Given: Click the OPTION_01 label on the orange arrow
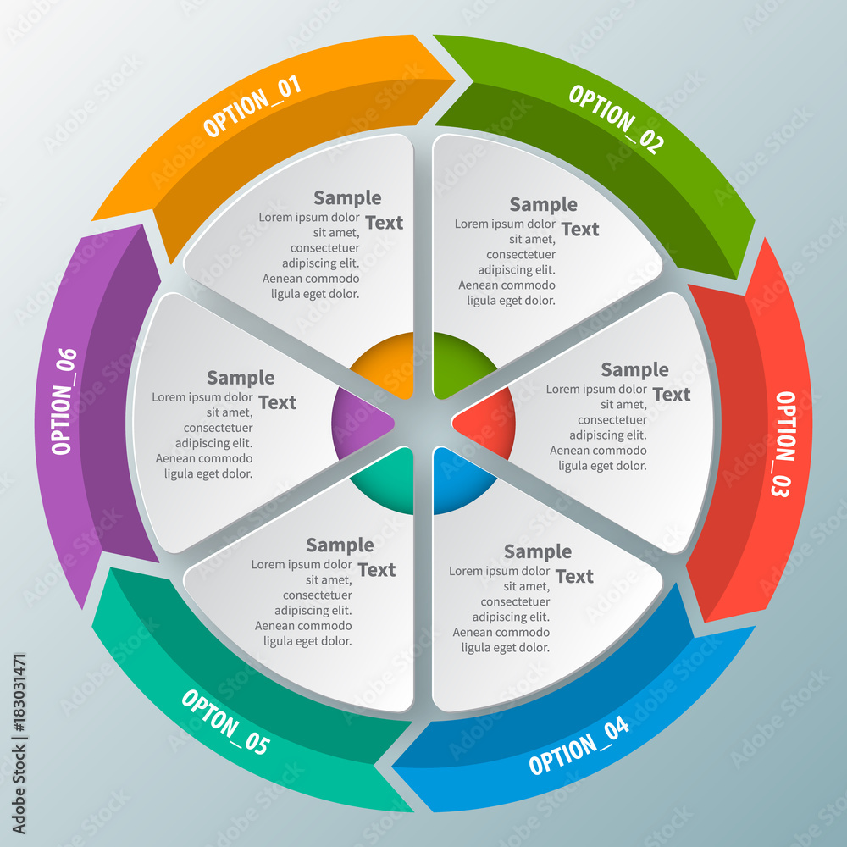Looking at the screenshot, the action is (x=252, y=106).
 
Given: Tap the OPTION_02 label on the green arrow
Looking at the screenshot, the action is (x=617, y=119).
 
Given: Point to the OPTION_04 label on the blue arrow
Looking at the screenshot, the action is (x=579, y=746).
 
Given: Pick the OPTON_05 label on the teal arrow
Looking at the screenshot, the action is (x=225, y=722).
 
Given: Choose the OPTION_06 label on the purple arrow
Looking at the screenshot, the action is (x=64, y=401).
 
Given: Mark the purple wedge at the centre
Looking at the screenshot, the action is (x=358, y=423).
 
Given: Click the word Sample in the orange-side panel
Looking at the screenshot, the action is (x=347, y=197).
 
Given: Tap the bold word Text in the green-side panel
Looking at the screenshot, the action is (x=580, y=229).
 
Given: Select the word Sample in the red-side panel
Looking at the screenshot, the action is (x=634, y=369).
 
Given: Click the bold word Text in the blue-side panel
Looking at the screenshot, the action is (x=574, y=576).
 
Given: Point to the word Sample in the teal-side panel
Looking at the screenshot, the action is (x=340, y=545).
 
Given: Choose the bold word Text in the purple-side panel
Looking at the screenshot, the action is (x=277, y=402).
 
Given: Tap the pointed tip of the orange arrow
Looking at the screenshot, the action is (x=455, y=80).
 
